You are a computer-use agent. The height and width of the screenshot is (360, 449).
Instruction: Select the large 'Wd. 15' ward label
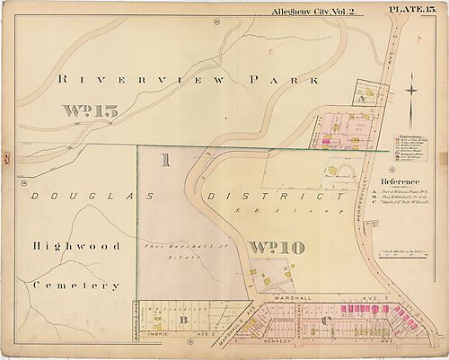coord(90,112)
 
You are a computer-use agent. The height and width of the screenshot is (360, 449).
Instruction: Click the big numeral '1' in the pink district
coord(164,162)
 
